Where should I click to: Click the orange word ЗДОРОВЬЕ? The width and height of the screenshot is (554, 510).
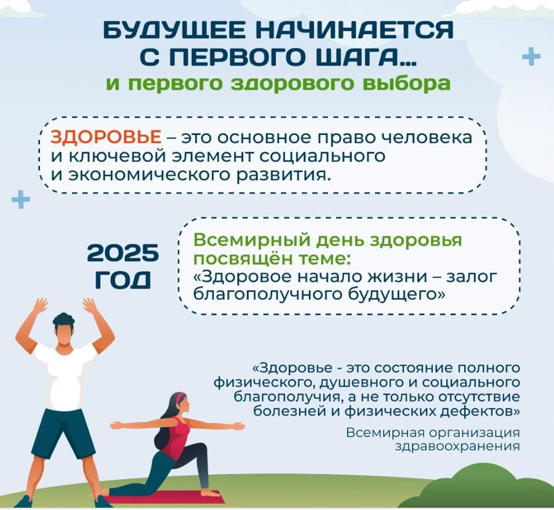pos(106,137)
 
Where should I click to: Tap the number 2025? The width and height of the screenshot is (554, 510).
pos(123,253)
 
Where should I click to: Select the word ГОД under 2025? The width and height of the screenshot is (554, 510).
pos(123,280)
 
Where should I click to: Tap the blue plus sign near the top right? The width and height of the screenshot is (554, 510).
pos(531,56)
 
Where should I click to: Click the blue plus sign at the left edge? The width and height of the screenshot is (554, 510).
pos(21,199)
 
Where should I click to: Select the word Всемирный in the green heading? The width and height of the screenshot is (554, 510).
pos(252,241)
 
